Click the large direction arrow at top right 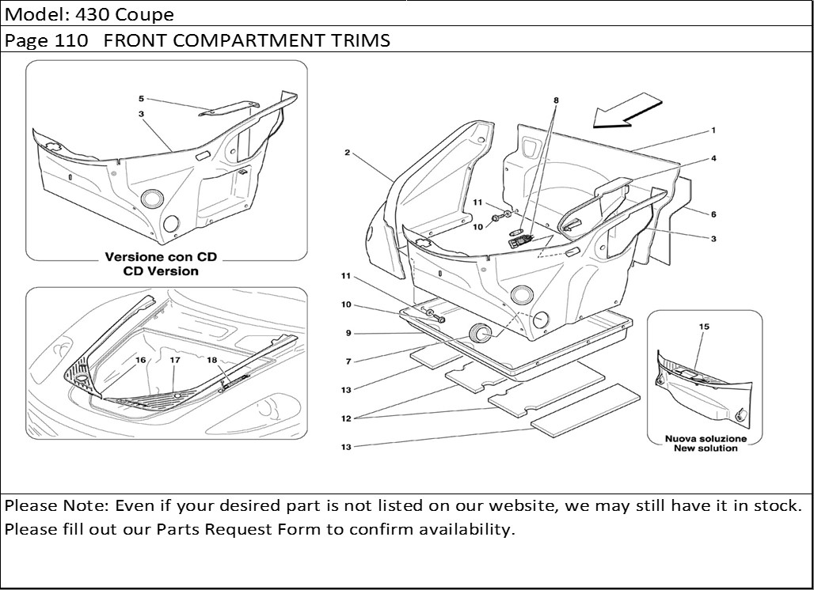pos(627,110)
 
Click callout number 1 pos(713,130)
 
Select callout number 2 pos(347,152)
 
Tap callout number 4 pos(713,158)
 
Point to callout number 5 pos(141,99)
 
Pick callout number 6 pos(713,214)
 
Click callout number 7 pos(347,361)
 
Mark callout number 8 pos(556,100)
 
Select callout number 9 pos(347,333)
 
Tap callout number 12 pos(346,418)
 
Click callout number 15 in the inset pos(704,326)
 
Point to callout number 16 pos(140,360)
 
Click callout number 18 pos(211,360)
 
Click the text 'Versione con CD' pos(161,258)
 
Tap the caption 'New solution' pos(706,448)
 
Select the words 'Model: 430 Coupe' pos(89,14)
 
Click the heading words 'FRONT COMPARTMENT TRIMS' pos(247,41)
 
